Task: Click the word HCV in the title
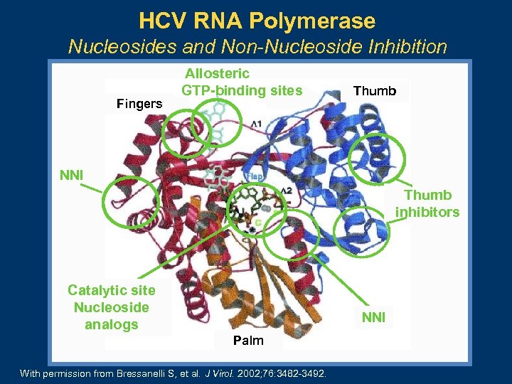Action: (162, 21)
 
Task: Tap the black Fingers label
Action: (139, 104)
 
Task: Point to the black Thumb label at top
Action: (374, 90)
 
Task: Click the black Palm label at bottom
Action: (248, 341)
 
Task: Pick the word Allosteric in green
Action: (217, 73)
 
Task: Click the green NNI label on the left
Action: (71, 174)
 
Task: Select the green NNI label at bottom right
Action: (373, 317)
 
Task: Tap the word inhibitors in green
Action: (427, 212)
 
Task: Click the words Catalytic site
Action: (111, 289)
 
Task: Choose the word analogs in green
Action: (111, 325)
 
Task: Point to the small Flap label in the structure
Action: (255, 176)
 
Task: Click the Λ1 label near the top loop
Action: (256, 124)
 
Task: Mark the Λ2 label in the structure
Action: (286, 190)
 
